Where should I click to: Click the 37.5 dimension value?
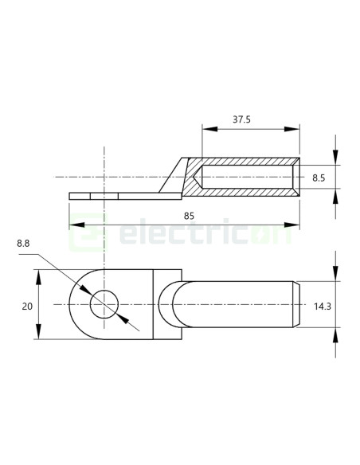242,119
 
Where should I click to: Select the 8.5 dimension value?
319,178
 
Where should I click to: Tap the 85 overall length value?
189,216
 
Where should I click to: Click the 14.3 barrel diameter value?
323,306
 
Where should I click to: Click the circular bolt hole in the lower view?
104,304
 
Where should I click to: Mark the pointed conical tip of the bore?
196,177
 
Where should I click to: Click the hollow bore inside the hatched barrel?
247,177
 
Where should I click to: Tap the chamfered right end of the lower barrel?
298,304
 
